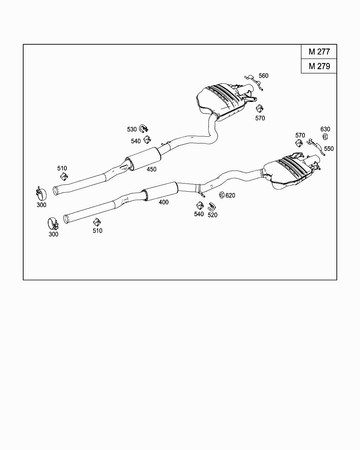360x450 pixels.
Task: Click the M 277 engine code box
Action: coord(319,52)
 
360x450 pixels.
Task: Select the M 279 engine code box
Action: coord(319,66)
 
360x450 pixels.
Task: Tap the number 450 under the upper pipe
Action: coord(152,169)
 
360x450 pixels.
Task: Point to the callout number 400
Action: coord(163,202)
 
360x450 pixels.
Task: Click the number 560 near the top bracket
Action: coord(263,76)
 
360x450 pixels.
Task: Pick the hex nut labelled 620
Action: coord(222,194)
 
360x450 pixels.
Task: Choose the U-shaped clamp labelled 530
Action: coord(143,128)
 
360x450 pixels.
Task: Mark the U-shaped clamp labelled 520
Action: coord(212,207)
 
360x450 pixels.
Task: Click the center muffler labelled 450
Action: coord(143,159)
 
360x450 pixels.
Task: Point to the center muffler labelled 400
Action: coord(160,192)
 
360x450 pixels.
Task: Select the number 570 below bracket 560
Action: coord(260,118)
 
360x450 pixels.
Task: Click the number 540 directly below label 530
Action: coord(136,141)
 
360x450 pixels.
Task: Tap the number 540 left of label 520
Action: coord(199,214)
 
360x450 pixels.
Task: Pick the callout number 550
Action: coord(329,149)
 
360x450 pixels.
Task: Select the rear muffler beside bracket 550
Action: coord(290,172)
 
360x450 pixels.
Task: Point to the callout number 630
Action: coord(325,129)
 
